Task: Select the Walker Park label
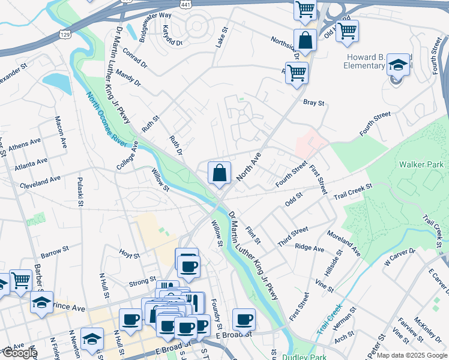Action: coord(419,164)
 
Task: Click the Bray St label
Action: coord(313,103)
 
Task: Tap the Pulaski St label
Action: coord(79,191)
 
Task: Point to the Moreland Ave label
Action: coord(343,242)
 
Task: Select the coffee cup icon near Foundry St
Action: coord(244,319)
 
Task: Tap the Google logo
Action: coord(19,353)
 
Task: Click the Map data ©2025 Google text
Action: coord(412,355)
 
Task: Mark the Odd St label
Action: coord(294,199)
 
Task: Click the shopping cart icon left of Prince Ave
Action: coord(20,280)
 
